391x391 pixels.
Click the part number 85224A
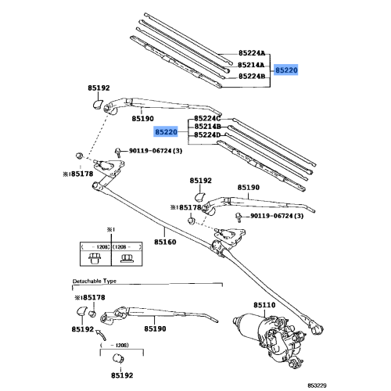pos(252,53)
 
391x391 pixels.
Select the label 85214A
pos(251,65)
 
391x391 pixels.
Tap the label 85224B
pos(252,76)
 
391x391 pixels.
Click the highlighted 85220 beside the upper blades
pos(286,70)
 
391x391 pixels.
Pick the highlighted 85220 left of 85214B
pos(166,132)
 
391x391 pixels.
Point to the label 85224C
pos(207,119)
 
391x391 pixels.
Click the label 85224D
pos(207,135)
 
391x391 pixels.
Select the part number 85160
pos(165,242)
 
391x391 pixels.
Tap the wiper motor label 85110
pos(264,305)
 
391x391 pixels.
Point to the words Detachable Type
pos(95,281)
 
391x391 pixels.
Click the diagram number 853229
pos(317,386)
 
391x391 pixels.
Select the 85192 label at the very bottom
pos(122,375)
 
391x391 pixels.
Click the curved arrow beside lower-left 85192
pos(101,335)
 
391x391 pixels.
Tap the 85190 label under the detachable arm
pos(155,329)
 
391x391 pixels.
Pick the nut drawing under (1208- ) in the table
pos(127,258)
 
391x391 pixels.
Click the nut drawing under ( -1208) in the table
pos(95,258)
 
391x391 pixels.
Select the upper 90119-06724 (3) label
pos(156,151)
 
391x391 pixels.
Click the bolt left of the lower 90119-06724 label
pos(239,217)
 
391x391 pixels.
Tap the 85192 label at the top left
pos(99,88)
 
